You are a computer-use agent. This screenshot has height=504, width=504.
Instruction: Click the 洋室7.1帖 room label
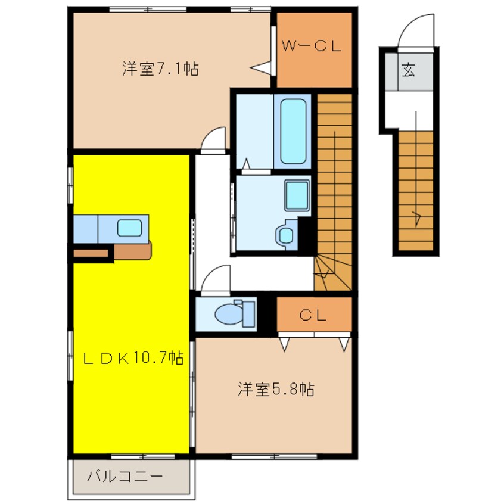(x=160, y=69)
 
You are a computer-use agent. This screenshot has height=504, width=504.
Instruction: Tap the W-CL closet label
(x=311, y=46)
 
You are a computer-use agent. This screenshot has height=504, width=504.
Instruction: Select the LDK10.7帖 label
(x=133, y=358)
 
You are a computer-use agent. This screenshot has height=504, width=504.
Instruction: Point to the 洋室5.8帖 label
(x=276, y=389)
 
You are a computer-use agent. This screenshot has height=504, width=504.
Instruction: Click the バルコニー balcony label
(x=125, y=476)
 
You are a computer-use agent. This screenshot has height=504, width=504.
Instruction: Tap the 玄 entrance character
(x=408, y=70)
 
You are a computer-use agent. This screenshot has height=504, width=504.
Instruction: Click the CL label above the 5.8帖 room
(x=312, y=315)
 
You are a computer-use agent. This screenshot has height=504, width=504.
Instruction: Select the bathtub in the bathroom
(x=293, y=131)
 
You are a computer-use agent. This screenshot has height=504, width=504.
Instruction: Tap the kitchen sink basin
(x=129, y=228)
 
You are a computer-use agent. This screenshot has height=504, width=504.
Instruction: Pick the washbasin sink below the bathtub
(x=297, y=195)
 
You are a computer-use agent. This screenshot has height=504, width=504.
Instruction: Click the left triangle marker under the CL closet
(x=284, y=344)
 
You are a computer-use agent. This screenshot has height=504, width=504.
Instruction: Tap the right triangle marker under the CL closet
(x=344, y=344)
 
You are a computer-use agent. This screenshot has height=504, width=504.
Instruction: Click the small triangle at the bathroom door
(x=246, y=164)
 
